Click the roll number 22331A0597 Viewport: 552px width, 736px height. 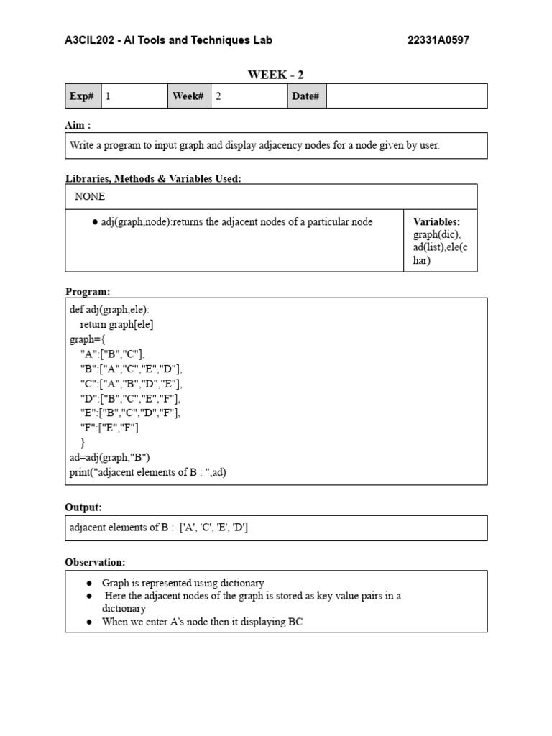tap(438, 40)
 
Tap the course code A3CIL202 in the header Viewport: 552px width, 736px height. tap(90, 40)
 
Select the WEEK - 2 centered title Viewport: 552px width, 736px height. tap(270, 75)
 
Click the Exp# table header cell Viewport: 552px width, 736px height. tap(83, 96)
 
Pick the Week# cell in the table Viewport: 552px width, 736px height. tap(188, 96)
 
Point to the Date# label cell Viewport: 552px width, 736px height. tap(305, 96)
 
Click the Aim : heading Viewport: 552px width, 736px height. tap(78, 125)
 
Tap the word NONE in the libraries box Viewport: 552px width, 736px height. tap(90, 196)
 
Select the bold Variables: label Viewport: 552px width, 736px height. tap(436, 222)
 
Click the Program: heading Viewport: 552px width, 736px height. tap(88, 291)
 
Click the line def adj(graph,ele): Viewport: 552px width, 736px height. tap(109, 310)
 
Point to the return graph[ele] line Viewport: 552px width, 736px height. tap(116, 324)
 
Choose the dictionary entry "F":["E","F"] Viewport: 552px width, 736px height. tap(109, 428)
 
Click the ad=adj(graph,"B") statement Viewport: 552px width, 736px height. tap(109, 457)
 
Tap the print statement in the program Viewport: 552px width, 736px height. tap(148, 472)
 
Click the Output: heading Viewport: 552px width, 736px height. tap(83, 507)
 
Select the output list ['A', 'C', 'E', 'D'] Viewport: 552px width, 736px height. tap(214, 528)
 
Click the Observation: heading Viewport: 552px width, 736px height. tap(95, 562)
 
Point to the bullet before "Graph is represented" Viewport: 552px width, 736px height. tap(88, 583)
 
